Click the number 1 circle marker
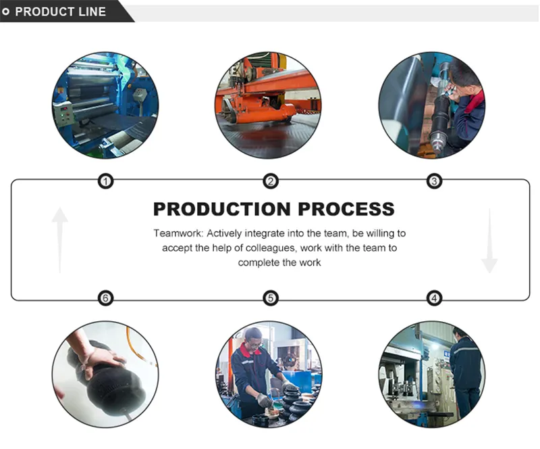pyautogui.click(x=106, y=181)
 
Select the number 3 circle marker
pyautogui.click(x=435, y=181)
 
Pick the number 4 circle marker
pyautogui.click(x=435, y=298)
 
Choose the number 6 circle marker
pyautogui.click(x=106, y=298)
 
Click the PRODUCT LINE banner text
pyautogui.click(x=61, y=11)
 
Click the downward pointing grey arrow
pyautogui.click(x=489, y=240)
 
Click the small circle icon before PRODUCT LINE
pyautogui.click(x=7, y=11)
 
